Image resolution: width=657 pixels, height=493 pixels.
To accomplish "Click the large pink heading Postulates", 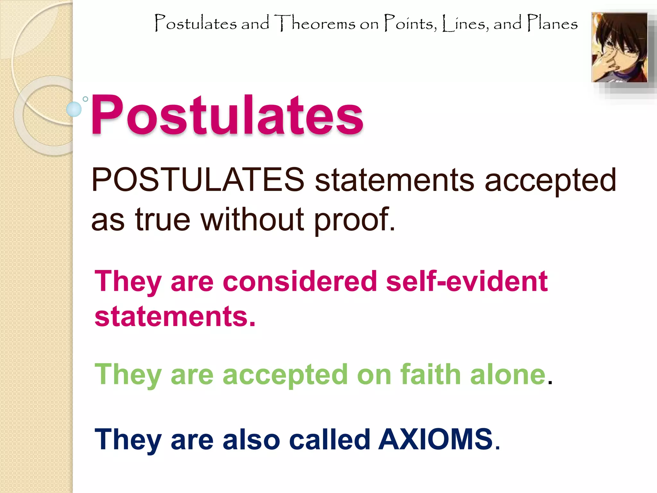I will click(227, 116).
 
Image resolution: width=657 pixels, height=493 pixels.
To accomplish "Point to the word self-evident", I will click(467, 281).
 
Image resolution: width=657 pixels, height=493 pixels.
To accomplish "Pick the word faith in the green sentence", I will click(430, 375).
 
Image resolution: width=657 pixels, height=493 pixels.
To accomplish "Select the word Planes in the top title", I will click(552, 23).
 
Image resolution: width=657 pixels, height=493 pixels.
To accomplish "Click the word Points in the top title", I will click(411, 23).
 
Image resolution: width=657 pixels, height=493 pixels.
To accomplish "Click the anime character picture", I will click(619, 48).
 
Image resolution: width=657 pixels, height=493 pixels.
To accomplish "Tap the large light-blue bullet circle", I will click(74, 109).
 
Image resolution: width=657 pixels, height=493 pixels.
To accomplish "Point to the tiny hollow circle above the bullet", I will click(85, 99).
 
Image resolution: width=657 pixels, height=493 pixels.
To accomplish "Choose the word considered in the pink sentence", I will click(300, 281).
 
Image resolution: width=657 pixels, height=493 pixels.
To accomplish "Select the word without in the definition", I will click(252, 220).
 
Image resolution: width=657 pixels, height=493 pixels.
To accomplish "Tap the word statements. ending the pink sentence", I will click(175, 316).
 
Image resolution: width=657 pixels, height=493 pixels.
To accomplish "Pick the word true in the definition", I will click(163, 220).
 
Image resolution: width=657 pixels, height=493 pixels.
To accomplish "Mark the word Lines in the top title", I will click(465, 23).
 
